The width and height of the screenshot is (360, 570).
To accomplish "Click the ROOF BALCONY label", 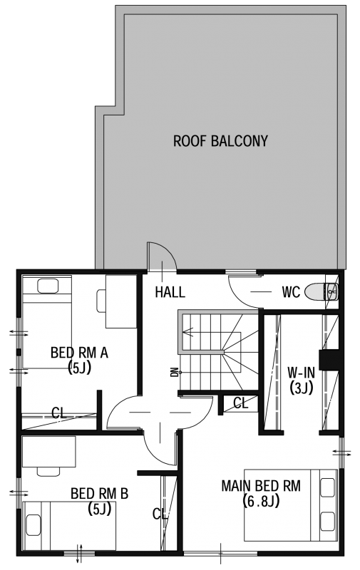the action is click(220, 141).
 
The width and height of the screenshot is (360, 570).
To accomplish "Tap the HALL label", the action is click(170, 292).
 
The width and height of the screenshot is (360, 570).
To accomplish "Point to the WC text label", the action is click(291, 292).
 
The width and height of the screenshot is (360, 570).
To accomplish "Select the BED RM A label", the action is click(79, 353).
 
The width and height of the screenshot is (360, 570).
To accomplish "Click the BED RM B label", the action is click(99, 494).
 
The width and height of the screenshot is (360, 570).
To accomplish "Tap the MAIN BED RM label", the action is click(261, 486).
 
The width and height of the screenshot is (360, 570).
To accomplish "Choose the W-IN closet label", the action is click(301, 373).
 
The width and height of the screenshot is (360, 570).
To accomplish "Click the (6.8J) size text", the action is click(261, 502).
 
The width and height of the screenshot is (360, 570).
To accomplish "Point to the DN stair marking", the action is click(175, 373).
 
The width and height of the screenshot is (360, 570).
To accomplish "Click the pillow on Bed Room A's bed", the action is click(48, 286).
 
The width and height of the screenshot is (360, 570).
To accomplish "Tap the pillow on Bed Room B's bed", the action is click(34, 524).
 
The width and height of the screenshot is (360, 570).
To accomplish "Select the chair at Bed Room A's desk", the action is click(101, 301).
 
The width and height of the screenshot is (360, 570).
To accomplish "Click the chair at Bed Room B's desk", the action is click(48, 472).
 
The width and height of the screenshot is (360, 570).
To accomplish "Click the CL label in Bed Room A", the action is click(59, 413).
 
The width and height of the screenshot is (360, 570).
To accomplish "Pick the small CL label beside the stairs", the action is click(240, 403).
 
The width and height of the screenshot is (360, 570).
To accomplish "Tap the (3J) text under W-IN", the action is click(301, 388).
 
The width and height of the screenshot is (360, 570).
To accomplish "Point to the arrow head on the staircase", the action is click(187, 332).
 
